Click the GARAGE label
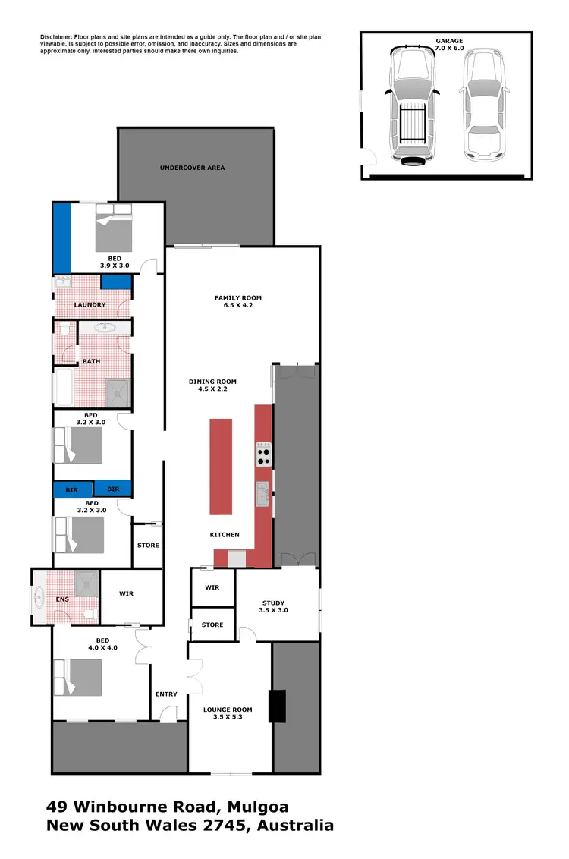click(x=449, y=40)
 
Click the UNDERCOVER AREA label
click(x=192, y=168)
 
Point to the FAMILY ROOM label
click(x=237, y=297)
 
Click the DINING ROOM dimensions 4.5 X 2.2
click(x=213, y=389)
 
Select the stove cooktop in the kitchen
click(x=264, y=454)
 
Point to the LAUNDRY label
click(x=90, y=305)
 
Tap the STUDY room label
click(x=273, y=603)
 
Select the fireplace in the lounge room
click(x=278, y=706)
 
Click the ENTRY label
click(x=166, y=694)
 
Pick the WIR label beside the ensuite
click(x=127, y=594)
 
